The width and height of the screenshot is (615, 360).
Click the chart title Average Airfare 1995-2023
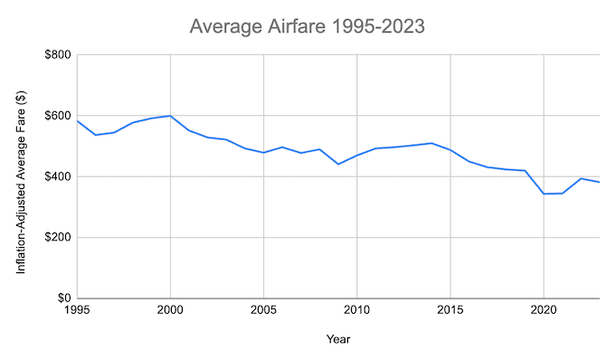(307, 26)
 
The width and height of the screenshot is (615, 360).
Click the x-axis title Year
(339, 339)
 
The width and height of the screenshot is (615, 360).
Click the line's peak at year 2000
(170, 116)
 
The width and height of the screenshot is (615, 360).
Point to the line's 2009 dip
(338, 164)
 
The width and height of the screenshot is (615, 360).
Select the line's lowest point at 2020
(543, 194)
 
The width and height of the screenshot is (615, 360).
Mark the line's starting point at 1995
(78, 121)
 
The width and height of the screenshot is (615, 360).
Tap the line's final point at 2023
(599, 183)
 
